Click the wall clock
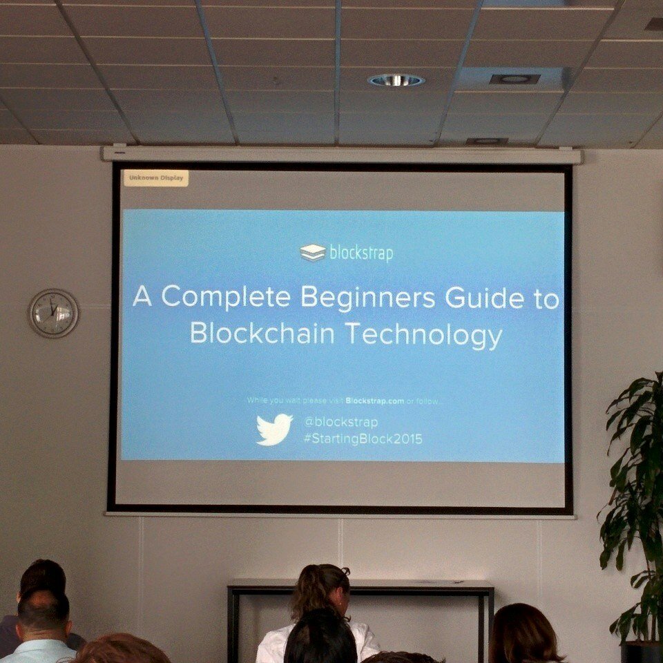coord(53,314)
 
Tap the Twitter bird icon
coord(274,429)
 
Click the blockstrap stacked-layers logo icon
coord(313,253)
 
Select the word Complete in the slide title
coord(226,297)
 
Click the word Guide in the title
coord(485,298)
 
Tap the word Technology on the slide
coord(424,335)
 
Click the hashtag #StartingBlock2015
coord(363,439)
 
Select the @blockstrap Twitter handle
coord(340,422)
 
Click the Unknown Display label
coord(156,178)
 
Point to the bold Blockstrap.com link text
coord(374,401)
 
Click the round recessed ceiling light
coord(396,80)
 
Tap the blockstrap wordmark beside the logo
coord(361,253)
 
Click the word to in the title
coord(546,298)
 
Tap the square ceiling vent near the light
coord(515,79)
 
